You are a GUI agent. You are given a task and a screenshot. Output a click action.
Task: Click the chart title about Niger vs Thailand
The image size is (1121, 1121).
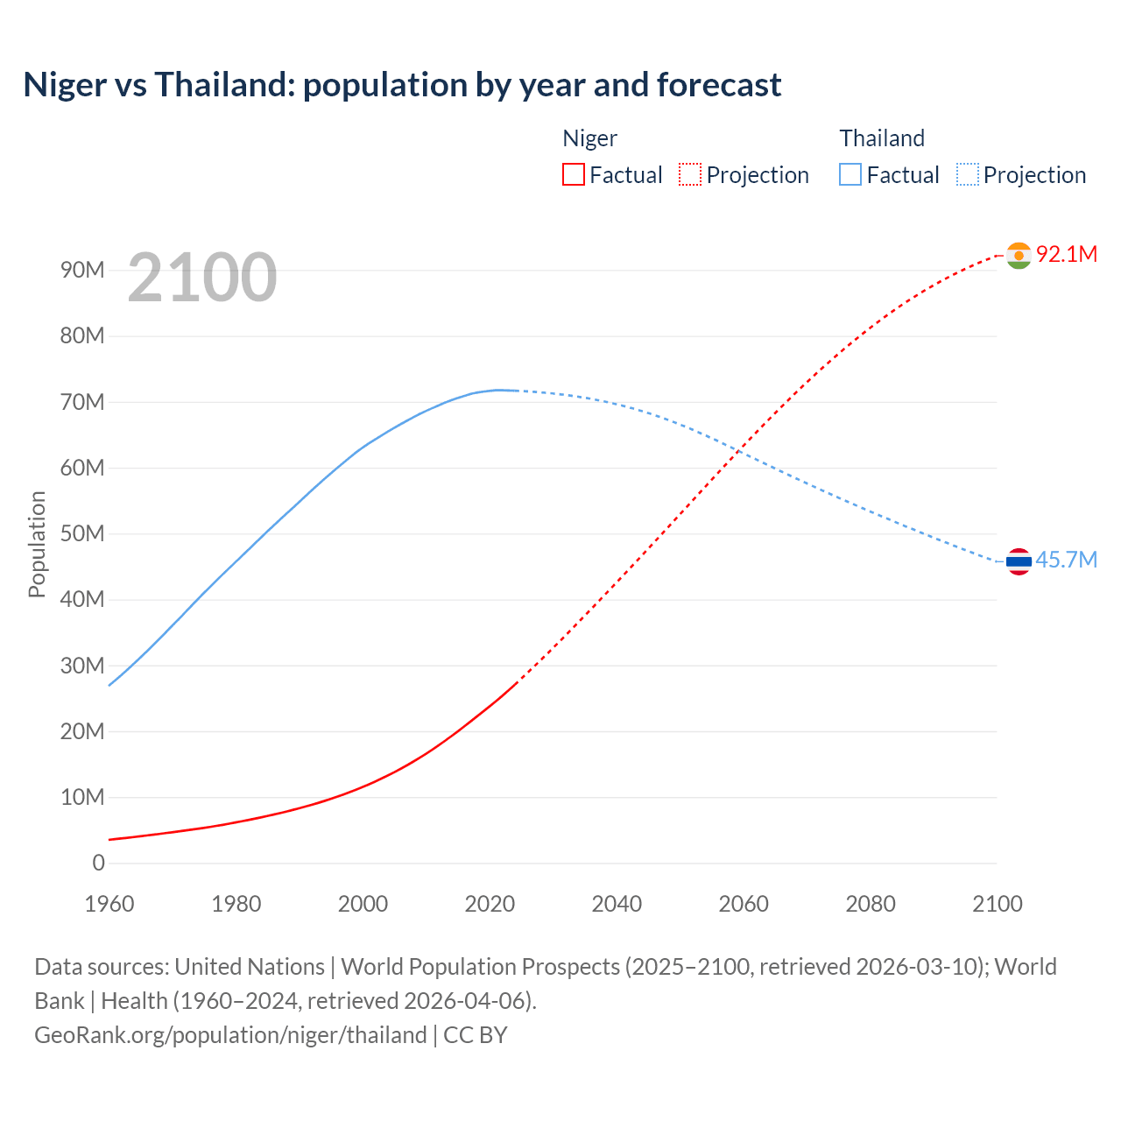402,85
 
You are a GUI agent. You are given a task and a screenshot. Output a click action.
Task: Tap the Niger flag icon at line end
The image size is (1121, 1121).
1019,255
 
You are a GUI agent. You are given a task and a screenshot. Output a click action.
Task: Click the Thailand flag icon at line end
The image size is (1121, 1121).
1019,560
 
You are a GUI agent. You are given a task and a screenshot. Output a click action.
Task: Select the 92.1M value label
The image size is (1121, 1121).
1066,254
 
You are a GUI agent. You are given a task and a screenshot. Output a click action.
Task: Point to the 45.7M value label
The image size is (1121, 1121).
1066,560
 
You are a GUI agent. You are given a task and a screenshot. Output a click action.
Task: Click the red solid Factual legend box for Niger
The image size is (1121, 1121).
573,174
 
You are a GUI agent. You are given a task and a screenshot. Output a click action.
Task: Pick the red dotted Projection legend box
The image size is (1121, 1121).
690,174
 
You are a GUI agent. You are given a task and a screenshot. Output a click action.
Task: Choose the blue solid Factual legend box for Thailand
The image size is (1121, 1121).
850,174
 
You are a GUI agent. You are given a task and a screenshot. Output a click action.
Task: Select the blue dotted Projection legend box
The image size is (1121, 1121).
967,174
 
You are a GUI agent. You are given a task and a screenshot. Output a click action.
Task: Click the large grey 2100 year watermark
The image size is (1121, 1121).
202,278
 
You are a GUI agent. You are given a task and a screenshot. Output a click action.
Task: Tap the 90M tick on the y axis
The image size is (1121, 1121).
82,270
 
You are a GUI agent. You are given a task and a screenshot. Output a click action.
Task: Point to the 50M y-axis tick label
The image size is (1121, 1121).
82,533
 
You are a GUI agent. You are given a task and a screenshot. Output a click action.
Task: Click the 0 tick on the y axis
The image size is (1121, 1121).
98,863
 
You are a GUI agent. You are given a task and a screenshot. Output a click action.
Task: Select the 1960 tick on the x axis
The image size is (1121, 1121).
109,904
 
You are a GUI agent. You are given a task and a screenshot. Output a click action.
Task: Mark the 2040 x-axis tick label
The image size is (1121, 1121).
617,904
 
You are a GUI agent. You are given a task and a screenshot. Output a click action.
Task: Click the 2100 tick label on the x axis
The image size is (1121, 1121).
997,904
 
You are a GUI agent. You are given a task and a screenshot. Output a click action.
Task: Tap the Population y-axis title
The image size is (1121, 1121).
37,544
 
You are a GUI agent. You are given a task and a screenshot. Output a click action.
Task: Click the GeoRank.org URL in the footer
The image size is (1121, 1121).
230,1035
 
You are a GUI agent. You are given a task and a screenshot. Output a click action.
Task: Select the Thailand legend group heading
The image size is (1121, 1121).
882,138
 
